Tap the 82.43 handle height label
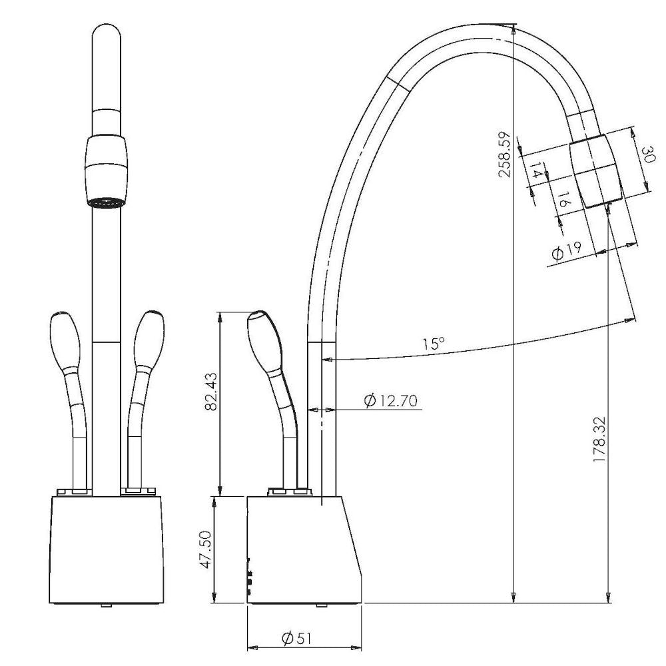pyautogui.click(x=210, y=391)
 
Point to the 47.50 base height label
pyautogui.click(x=206, y=549)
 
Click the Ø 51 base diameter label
pyautogui.click(x=296, y=638)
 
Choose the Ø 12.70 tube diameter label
pyautogui.click(x=391, y=400)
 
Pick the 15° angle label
pyautogui.click(x=434, y=343)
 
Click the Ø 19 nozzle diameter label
pyautogui.click(x=567, y=250)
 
